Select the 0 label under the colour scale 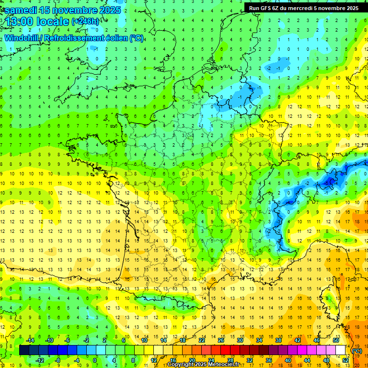pos(95,360)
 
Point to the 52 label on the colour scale pos(345,360)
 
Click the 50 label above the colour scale pos(335,340)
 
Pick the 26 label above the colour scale pos(221,340)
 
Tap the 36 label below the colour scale pos(269,360)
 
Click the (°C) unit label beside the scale pos(357,351)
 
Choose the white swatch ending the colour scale pos(340,350)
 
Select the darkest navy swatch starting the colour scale pos(24,350)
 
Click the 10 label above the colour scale pos(144,340)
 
